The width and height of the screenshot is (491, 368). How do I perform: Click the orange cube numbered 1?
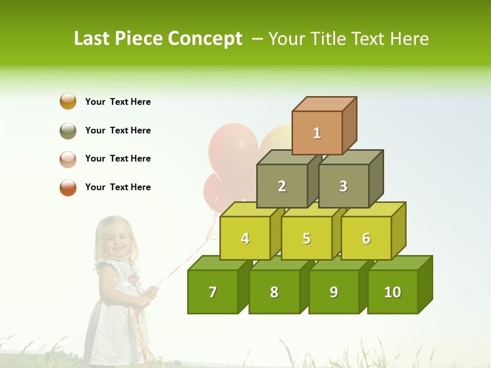(317, 133)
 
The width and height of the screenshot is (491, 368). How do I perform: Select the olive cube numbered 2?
(282, 186)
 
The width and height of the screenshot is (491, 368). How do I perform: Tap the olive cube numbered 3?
(343, 186)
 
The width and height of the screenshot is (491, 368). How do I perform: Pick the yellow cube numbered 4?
(245, 238)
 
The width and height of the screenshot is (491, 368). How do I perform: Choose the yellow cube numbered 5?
(306, 238)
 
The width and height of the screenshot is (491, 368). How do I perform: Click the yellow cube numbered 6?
(366, 238)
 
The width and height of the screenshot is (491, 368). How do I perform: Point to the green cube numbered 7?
(213, 292)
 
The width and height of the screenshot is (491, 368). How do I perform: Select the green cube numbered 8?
(274, 292)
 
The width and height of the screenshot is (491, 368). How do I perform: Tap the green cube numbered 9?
(333, 292)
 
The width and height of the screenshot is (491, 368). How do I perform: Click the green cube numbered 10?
(392, 292)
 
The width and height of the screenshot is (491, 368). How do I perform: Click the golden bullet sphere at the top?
(68, 101)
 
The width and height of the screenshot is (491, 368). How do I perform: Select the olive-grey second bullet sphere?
(68, 130)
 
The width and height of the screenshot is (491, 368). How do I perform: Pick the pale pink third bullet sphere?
(68, 159)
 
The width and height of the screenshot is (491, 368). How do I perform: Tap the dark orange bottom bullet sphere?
(68, 188)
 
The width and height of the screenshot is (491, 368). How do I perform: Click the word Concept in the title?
(205, 39)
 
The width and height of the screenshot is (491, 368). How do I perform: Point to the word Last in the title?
(94, 39)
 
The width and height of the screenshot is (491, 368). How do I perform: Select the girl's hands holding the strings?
(149, 294)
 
